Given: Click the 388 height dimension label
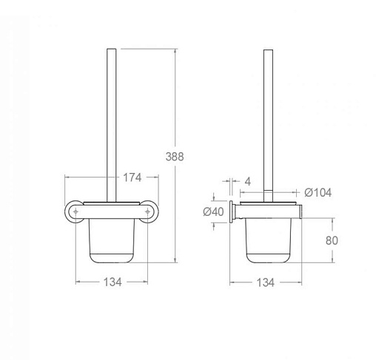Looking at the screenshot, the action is click(175, 157).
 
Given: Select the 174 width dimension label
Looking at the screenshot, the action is click(132, 177).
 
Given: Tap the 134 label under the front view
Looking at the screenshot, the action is click(113, 282).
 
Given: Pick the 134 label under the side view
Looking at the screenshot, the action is click(266, 282).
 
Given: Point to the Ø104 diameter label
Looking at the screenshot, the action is click(318, 192).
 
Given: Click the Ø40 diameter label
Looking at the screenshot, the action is click(214, 211).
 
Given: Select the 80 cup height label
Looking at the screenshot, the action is click(332, 240).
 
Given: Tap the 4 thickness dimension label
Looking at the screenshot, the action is click(248, 182).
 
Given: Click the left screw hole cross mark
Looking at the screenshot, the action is click(75, 211).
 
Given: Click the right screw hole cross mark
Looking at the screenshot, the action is click(147, 211).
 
